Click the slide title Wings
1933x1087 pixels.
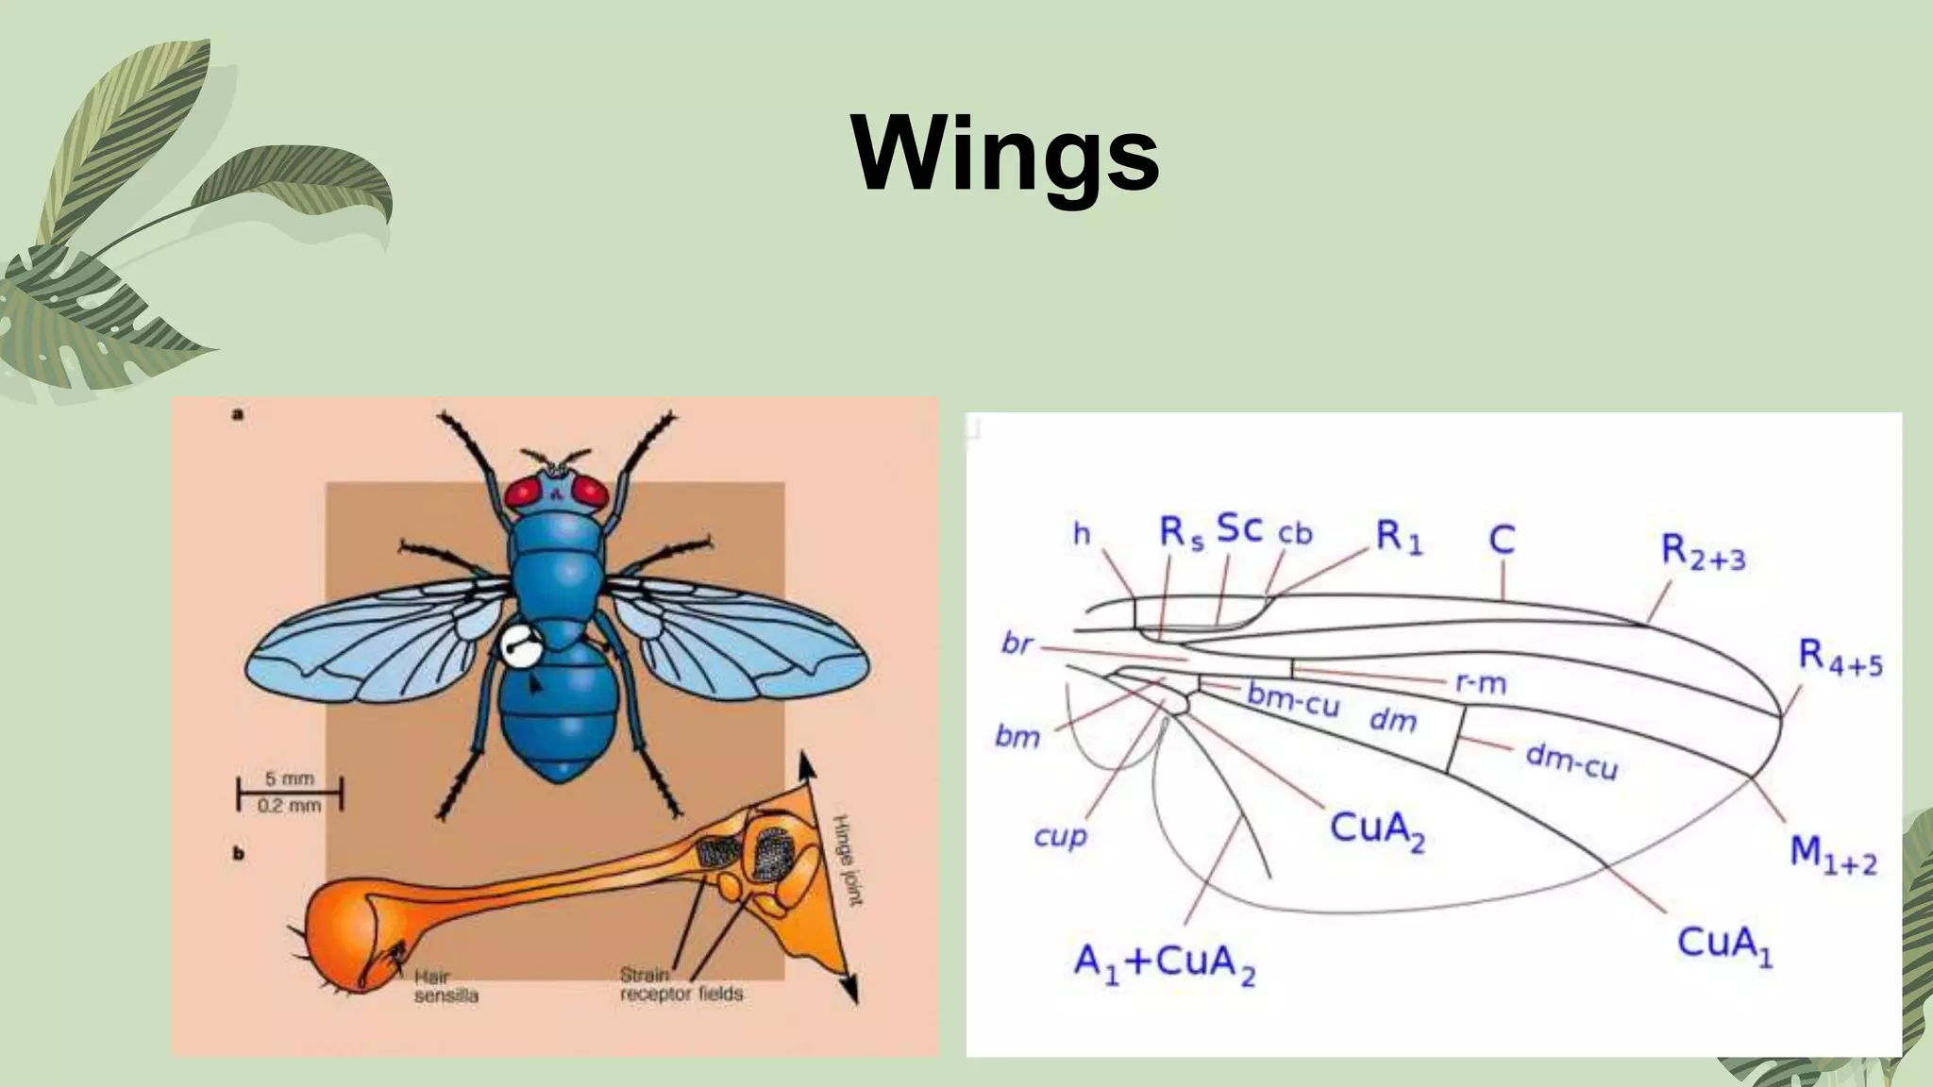click(1005, 154)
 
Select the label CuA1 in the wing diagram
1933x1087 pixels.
click(1724, 945)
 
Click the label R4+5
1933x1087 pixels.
click(1840, 657)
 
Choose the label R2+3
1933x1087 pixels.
click(1703, 553)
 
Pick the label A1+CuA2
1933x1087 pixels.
click(1165, 964)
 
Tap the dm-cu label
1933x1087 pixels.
click(1572, 761)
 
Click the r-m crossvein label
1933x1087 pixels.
click(1480, 682)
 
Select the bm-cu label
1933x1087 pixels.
click(1292, 699)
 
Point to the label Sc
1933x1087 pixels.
click(1239, 529)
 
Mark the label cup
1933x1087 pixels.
click(1060, 836)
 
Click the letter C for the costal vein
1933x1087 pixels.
click(1501, 540)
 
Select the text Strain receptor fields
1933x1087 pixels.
click(681, 984)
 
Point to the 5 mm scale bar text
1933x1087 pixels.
click(289, 779)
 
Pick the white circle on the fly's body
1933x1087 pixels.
click(518, 647)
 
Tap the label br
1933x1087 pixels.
click(1017, 644)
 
